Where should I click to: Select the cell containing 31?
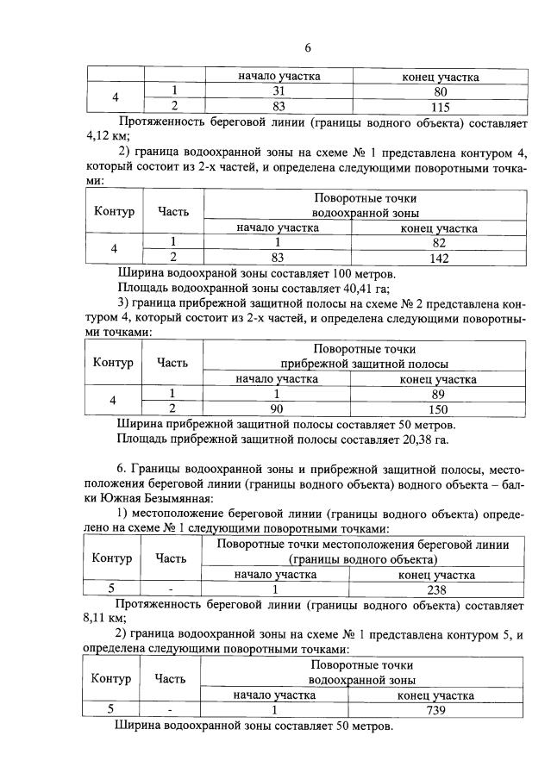pos(279,91)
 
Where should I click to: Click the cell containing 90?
pos(278,408)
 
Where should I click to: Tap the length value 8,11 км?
pos(105,619)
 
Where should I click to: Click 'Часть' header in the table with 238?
pos(171,558)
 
